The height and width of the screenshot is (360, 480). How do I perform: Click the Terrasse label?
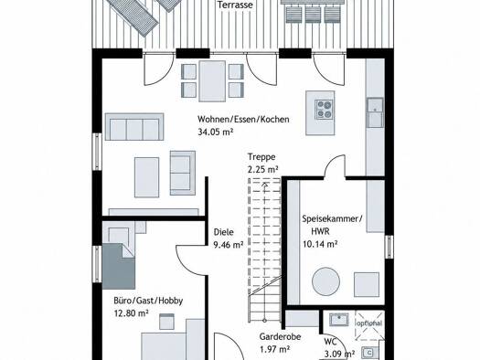tap(235, 5)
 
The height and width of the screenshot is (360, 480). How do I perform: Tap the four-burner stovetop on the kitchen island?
tap(325, 110)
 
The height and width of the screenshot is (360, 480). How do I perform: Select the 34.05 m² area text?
tap(215, 132)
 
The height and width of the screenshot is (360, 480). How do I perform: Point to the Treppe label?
tap(261, 157)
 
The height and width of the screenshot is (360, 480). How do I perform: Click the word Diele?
tap(223, 232)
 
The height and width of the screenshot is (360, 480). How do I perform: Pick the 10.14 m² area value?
tap(320, 244)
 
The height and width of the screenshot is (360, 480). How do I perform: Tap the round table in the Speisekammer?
tap(325, 281)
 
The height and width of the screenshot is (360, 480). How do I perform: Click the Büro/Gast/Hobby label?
tap(148, 301)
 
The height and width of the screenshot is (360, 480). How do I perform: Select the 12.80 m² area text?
tap(131, 313)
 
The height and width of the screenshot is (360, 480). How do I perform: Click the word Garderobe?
tap(280, 337)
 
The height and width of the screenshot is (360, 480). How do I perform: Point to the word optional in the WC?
tap(369, 323)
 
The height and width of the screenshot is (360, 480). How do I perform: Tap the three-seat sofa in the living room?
tap(134, 127)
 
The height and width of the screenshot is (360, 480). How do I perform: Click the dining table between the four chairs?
tap(212, 81)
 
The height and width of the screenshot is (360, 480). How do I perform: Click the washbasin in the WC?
tap(339, 320)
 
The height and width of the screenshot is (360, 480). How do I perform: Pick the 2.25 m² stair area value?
tap(262, 169)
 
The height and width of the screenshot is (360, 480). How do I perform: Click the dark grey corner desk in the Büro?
tap(119, 266)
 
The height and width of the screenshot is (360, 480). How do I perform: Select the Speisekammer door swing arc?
tap(335, 165)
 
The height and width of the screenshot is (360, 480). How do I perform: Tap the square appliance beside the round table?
tap(367, 284)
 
